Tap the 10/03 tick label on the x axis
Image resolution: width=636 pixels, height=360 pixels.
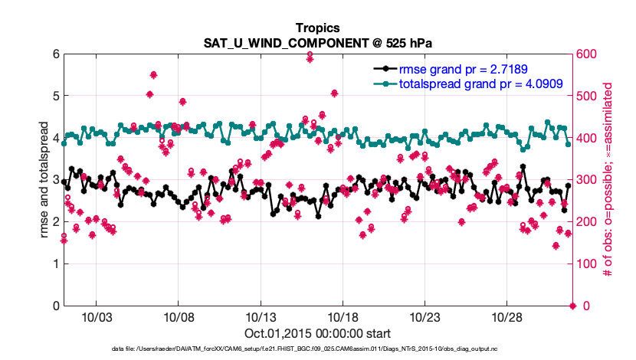coord(96,317)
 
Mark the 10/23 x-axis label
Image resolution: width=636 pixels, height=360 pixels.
coord(425,317)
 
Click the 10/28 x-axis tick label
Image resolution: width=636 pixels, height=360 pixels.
coord(507,317)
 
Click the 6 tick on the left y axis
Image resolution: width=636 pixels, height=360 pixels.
coord(55,54)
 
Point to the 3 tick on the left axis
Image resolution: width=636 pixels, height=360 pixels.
coord(55,180)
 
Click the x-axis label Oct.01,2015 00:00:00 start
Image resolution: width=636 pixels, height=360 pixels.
coord(318,333)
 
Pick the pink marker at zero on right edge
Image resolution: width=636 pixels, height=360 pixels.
coord(572,306)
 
